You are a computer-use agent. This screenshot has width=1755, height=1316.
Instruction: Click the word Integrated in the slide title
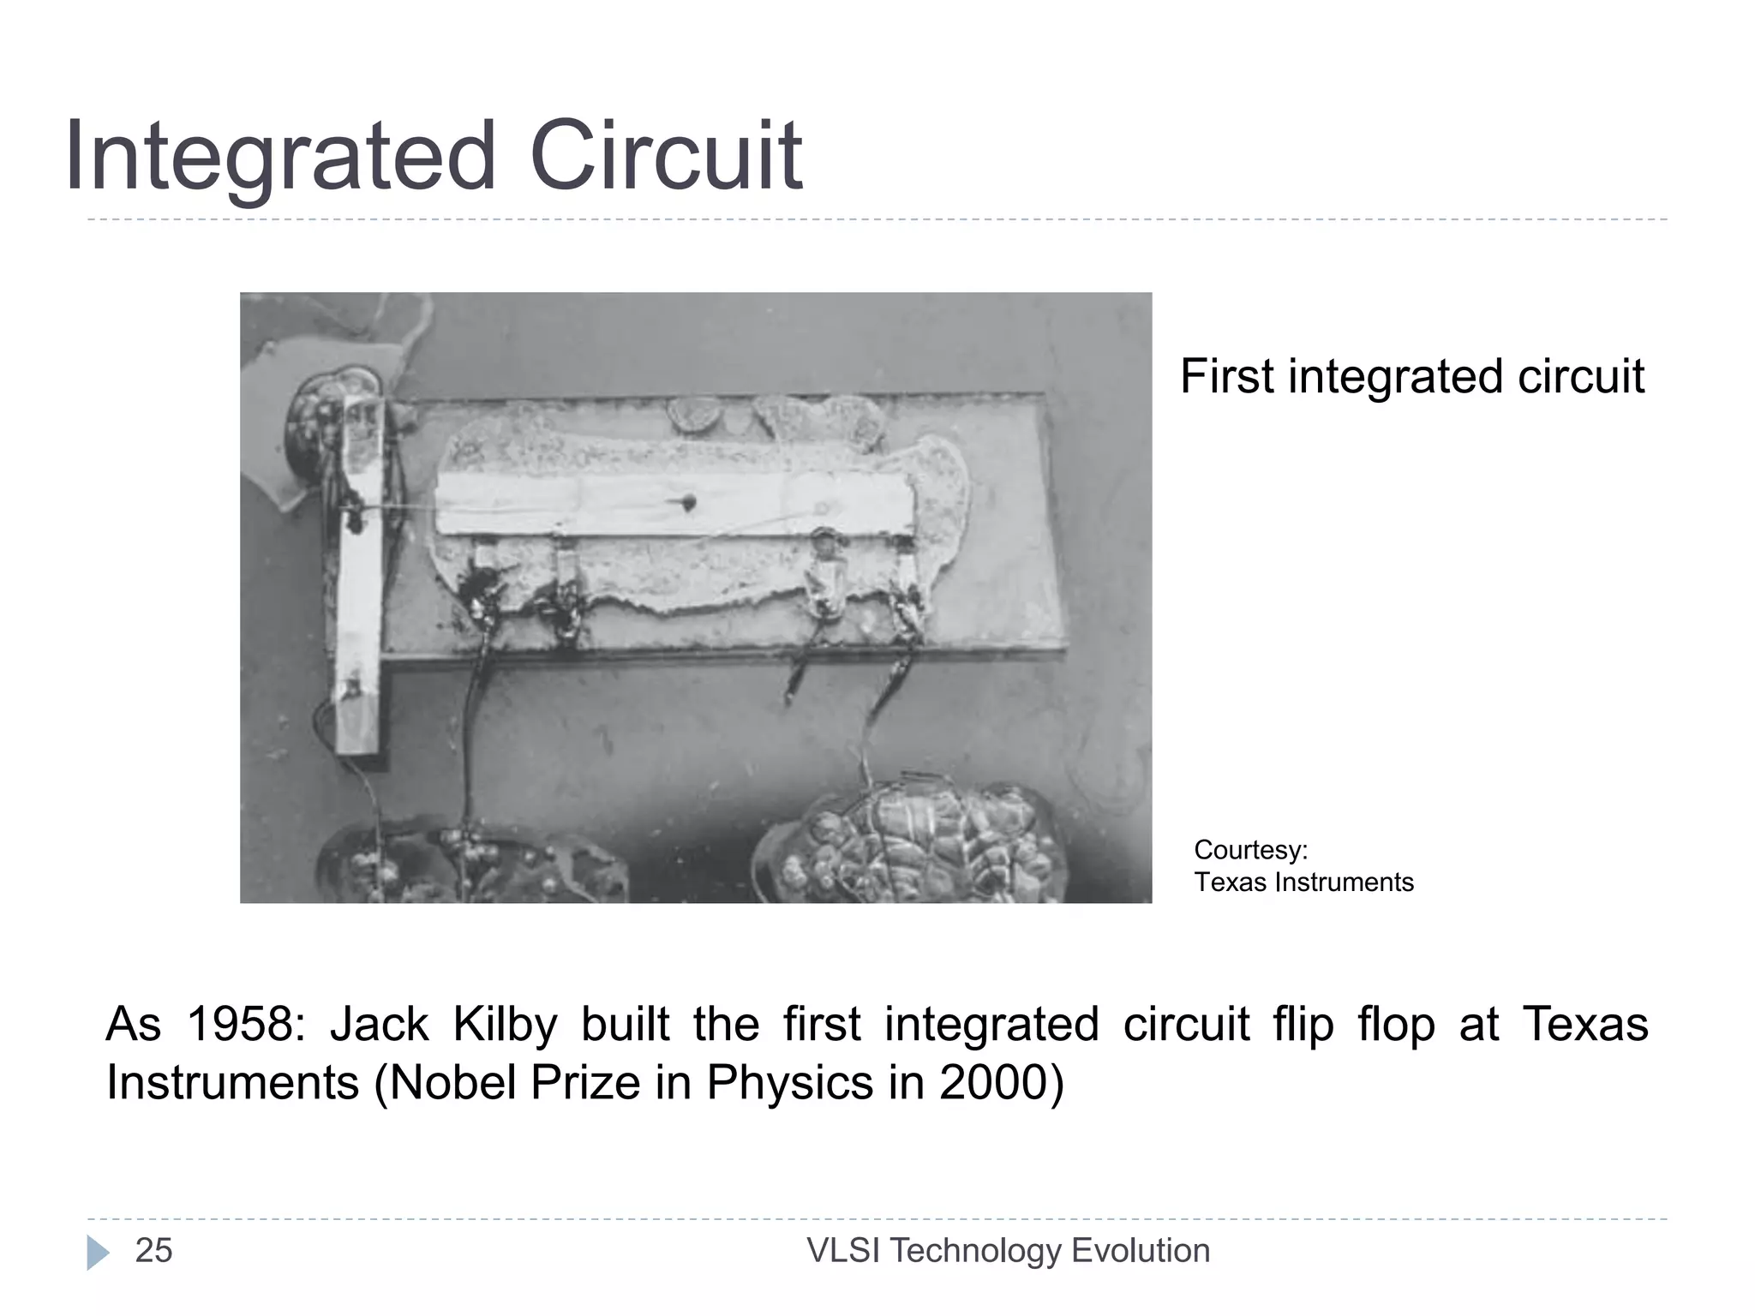pyautogui.click(x=279, y=157)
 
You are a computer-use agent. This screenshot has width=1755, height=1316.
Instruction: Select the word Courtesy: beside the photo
pyautogui.click(x=1250, y=850)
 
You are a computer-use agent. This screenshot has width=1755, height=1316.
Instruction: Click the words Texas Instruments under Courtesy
pyautogui.click(x=1303, y=882)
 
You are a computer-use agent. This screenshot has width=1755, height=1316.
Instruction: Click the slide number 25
pyautogui.click(x=154, y=1251)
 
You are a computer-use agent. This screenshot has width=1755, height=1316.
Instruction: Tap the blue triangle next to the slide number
pyautogui.click(x=98, y=1253)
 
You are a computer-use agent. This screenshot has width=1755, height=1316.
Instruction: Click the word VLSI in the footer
pyautogui.click(x=843, y=1251)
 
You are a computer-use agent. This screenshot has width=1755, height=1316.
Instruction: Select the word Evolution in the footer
pyautogui.click(x=1141, y=1251)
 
